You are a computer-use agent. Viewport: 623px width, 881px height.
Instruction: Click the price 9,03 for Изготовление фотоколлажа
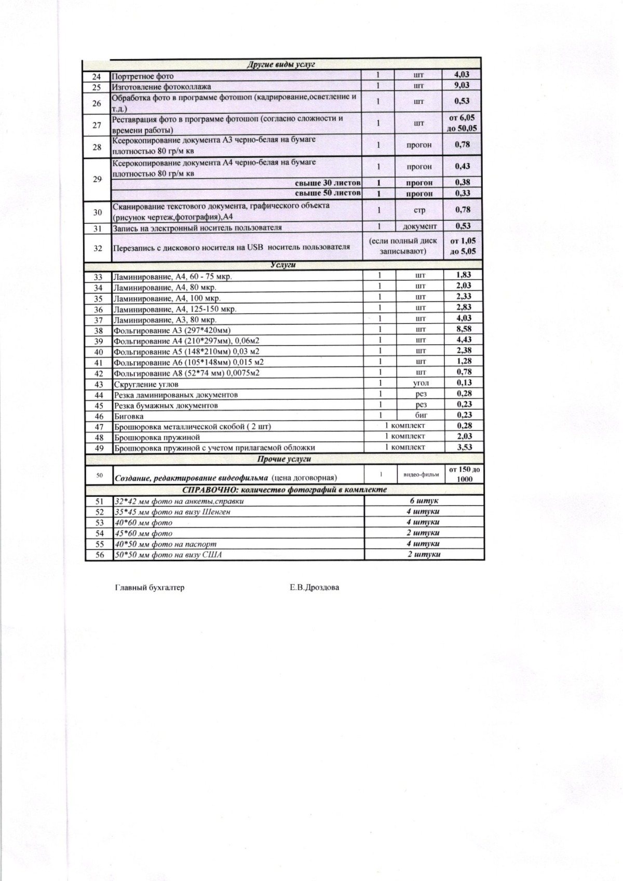click(x=462, y=85)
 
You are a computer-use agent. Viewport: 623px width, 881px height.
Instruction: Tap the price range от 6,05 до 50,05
click(x=462, y=124)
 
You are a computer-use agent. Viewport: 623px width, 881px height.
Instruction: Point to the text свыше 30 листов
click(x=328, y=183)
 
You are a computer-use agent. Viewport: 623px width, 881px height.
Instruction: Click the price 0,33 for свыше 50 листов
click(x=462, y=193)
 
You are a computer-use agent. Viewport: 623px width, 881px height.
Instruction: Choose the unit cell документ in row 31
click(x=419, y=226)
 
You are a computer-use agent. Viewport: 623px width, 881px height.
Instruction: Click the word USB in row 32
click(x=255, y=247)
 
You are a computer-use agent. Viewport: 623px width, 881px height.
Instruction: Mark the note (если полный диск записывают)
click(x=403, y=246)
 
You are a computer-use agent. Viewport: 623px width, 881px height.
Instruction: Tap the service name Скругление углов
click(x=146, y=384)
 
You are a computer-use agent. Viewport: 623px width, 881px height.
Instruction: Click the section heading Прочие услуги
click(x=284, y=459)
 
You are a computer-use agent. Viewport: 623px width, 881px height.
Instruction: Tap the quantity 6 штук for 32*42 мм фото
click(x=424, y=501)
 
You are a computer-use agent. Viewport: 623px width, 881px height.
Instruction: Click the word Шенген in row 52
click(x=215, y=512)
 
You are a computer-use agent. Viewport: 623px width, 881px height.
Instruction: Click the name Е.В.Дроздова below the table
click(x=315, y=588)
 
